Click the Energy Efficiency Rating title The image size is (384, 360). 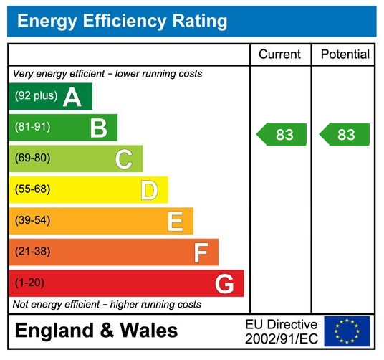pos(122,21)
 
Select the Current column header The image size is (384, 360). pos(279,55)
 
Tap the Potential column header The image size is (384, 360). pos(345,55)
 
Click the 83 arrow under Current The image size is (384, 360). pos(282,135)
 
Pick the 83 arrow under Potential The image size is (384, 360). pos(345,135)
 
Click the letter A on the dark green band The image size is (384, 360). pos(72,97)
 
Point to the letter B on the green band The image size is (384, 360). pos(98,128)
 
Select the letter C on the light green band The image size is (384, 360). pos(123,159)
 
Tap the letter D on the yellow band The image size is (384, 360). pos(148,190)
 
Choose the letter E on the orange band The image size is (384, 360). pos(174,221)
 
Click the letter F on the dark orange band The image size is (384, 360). pos(201,252)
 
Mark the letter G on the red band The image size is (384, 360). pos(224,284)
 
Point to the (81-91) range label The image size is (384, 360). pos(33,127)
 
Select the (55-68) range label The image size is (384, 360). pos(33,189)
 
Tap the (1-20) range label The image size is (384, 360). pos(29,283)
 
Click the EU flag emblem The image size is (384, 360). pos(347,331)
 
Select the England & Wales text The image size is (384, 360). pos(96,331)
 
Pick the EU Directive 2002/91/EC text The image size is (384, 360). pos(281,331)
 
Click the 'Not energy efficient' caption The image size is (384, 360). pos(107,305)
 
